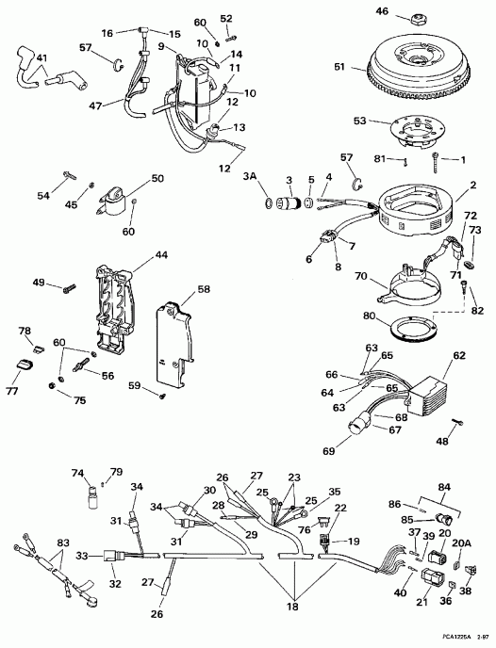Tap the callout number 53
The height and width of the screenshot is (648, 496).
[x=359, y=121]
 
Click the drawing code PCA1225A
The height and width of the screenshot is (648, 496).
[x=441, y=639]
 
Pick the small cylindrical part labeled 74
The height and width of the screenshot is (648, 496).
[x=92, y=495]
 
